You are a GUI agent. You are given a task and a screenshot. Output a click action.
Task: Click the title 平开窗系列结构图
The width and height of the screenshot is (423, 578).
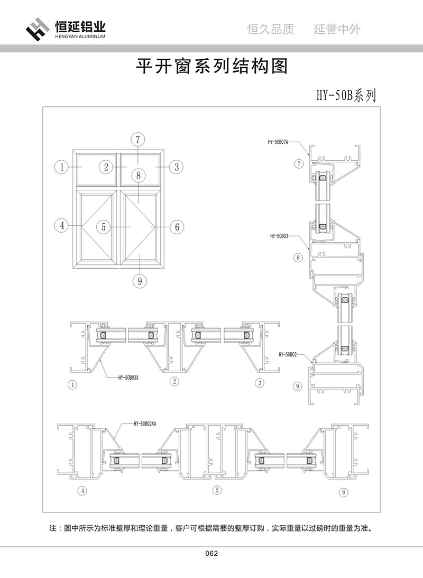pyautogui.click(x=212, y=67)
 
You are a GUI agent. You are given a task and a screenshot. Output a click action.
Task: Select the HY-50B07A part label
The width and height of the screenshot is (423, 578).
pyautogui.click(x=278, y=142)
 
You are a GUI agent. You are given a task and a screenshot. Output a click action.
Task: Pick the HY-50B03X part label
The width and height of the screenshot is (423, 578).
pyautogui.click(x=129, y=378)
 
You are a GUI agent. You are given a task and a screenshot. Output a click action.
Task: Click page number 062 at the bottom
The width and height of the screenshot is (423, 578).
pyautogui.click(x=212, y=554)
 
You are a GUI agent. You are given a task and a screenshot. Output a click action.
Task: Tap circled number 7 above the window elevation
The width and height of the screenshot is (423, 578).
pyautogui.click(x=137, y=140)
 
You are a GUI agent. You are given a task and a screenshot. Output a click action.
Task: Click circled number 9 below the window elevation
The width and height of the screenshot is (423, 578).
pyautogui.click(x=140, y=281)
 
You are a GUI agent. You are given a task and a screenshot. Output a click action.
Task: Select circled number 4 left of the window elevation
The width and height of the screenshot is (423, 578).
pyautogui.click(x=62, y=225)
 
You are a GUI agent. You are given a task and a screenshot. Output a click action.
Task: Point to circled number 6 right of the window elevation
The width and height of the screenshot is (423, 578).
pyautogui.click(x=177, y=227)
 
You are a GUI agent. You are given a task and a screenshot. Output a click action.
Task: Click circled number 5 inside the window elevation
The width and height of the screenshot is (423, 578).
pyautogui.click(x=104, y=227)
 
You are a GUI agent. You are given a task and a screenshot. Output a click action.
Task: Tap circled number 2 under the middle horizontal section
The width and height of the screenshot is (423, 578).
pyautogui.click(x=174, y=381)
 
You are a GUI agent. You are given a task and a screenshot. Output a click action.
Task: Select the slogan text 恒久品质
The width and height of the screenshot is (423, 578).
pyautogui.click(x=270, y=30)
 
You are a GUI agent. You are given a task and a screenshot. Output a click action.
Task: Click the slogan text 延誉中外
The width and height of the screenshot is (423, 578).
pyautogui.click(x=337, y=30)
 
